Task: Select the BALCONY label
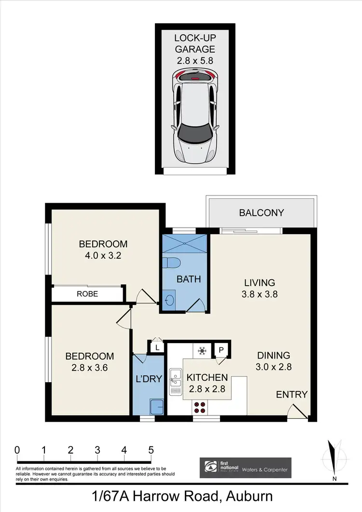point(262,213)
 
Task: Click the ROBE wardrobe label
point(87,293)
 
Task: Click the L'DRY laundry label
point(149,378)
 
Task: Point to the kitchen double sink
point(174,384)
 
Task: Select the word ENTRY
point(292,395)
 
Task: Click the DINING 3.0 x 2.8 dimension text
point(274,366)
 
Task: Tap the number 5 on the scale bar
point(151,450)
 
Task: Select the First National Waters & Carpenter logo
point(245,468)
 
